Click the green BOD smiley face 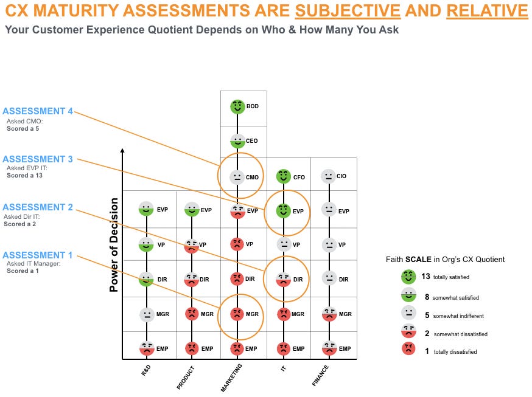coord(237,107)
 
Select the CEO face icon coord(237,141)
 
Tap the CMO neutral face coord(237,177)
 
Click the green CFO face coord(283,176)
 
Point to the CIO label coord(341,176)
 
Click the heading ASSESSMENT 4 coord(38,111)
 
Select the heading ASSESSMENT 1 coord(37,255)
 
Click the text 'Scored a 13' coord(24,176)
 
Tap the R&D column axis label coord(146,371)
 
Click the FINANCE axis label coord(320,376)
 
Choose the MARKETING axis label coord(231,378)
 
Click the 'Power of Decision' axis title coord(114,244)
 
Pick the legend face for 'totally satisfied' coord(408,277)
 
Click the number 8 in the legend coord(427,297)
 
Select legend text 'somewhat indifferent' coord(458,316)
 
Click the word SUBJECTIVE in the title coord(348,10)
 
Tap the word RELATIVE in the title coord(487,10)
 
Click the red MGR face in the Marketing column coord(237,314)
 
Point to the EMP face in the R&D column coord(147,348)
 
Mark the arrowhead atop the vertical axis coord(122,150)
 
